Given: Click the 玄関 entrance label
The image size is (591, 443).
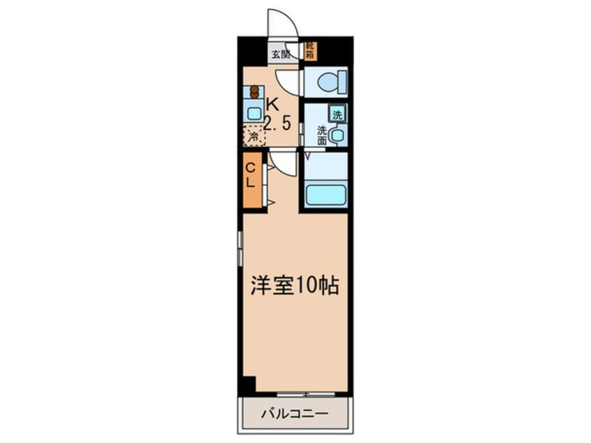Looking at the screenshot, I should (x=280, y=53).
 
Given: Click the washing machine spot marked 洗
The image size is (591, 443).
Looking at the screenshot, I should (x=337, y=115).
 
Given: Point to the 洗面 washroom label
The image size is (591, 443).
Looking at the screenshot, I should (x=322, y=135).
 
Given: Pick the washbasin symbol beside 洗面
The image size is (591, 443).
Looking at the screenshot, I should (x=337, y=135).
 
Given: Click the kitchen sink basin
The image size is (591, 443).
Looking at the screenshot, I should (x=253, y=112).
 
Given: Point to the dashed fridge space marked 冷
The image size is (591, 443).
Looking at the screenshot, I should (x=254, y=136).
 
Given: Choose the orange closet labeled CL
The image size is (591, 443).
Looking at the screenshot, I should (x=251, y=179).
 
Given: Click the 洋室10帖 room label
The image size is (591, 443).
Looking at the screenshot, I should (x=295, y=284).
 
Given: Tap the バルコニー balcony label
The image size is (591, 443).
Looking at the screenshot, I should (x=294, y=413).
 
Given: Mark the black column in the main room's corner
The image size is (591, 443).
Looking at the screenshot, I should (x=248, y=385).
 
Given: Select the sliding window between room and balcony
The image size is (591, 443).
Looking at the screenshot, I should (x=302, y=395).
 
